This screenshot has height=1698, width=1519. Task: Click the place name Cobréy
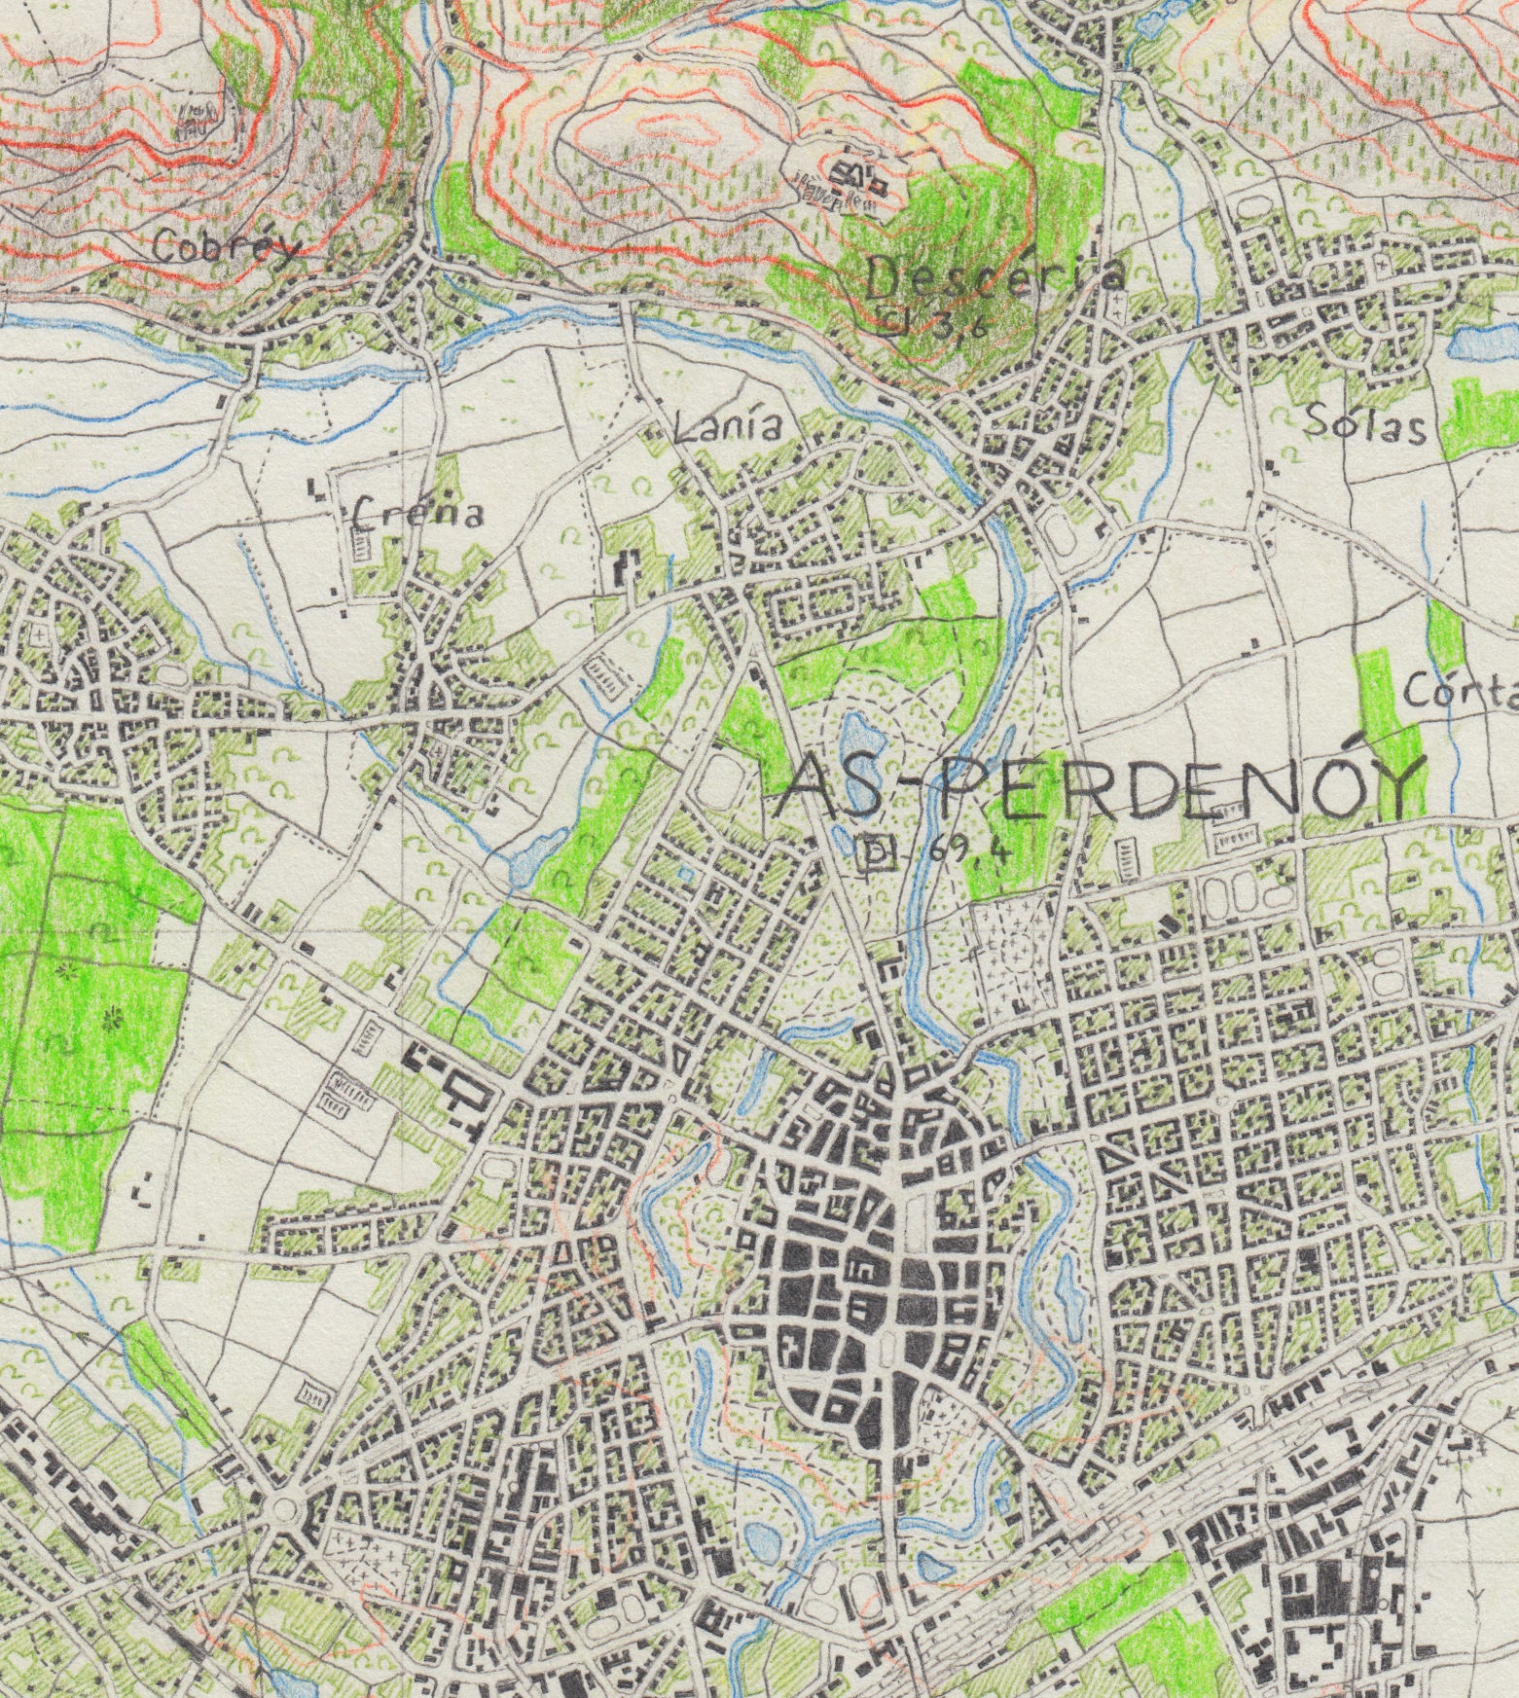226,249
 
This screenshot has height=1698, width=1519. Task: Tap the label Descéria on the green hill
993,277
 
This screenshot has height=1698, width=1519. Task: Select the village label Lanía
727,427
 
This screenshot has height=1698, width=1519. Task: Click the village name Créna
418,512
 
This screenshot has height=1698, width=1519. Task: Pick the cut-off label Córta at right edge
1460,693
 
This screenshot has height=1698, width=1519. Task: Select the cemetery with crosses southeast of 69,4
1013,954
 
